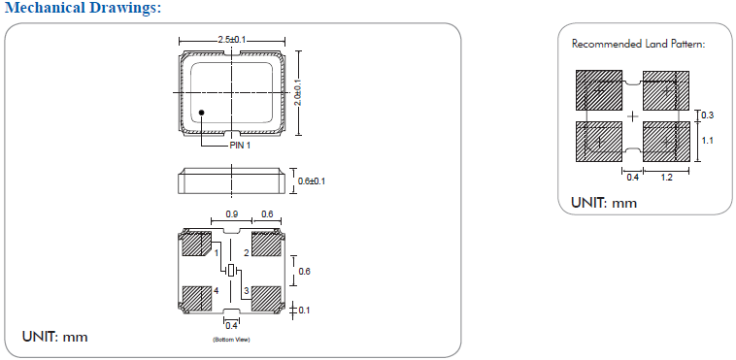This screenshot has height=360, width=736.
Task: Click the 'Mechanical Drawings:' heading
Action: (x=83, y=8)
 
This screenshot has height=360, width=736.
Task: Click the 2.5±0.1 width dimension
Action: (x=231, y=41)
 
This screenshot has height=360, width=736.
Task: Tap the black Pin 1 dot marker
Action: (x=202, y=113)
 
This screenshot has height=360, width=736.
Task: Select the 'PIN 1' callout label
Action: (x=240, y=146)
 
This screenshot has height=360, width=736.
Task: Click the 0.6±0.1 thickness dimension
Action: (x=312, y=181)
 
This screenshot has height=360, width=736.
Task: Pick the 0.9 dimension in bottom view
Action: (x=231, y=214)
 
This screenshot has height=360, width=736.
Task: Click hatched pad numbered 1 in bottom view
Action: (x=197, y=244)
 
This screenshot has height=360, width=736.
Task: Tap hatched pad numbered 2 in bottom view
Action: (x=267, y=245)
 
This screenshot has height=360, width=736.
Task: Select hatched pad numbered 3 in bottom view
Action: (x=267, y=299)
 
